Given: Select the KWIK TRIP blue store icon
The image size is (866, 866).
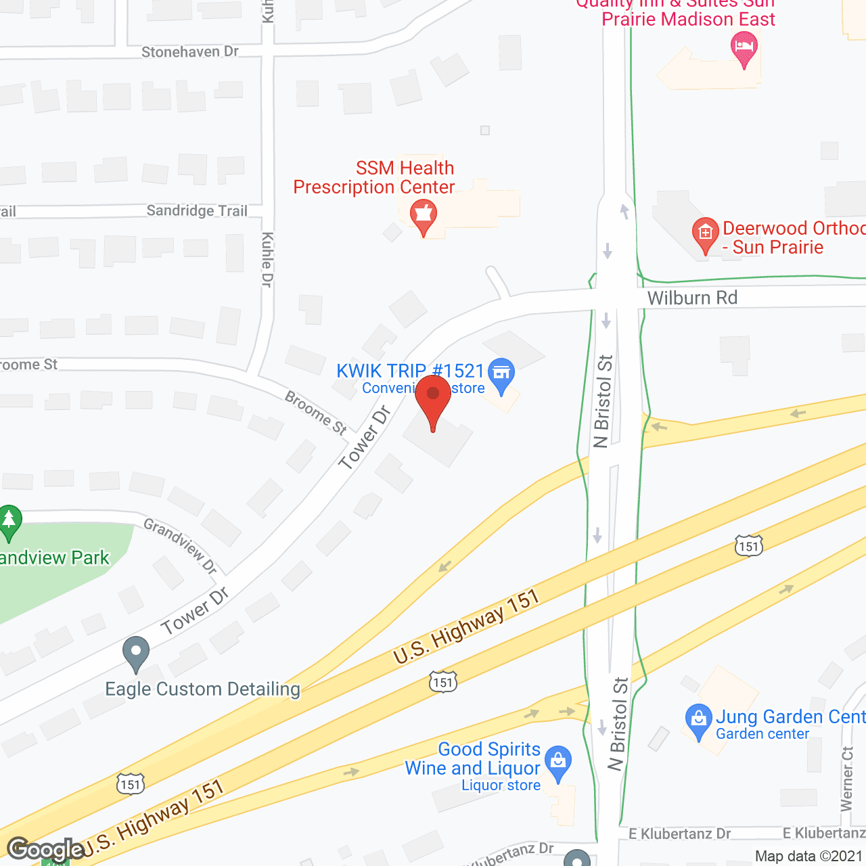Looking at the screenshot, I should tap(501, 373).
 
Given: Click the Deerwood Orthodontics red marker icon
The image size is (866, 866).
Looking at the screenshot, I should tap(705, 233).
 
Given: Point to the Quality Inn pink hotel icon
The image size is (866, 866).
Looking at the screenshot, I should tap(744, 49).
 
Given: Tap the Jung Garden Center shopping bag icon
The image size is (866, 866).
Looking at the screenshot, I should tap(698, 719).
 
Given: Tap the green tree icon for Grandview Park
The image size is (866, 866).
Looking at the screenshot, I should tap(9, 521).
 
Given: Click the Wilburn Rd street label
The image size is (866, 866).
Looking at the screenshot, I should tap(692, 298).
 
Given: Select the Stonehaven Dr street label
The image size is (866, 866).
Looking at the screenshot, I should tap(190, 52).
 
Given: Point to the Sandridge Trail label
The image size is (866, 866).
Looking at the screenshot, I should tap(197, 211).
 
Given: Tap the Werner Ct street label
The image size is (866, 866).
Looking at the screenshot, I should tap(847, 779).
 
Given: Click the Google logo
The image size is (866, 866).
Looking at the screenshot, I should tap(45, 849).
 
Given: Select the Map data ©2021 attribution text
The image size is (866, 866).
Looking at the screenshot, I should tap(808, 856).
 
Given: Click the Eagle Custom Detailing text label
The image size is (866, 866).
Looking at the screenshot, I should tap(203, 689).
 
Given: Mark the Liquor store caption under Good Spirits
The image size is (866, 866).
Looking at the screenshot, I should tap(501, 785).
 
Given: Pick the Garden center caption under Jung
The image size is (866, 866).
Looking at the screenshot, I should tap(762, 734).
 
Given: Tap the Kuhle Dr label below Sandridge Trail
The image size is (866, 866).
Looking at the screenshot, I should tap(267, 259).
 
